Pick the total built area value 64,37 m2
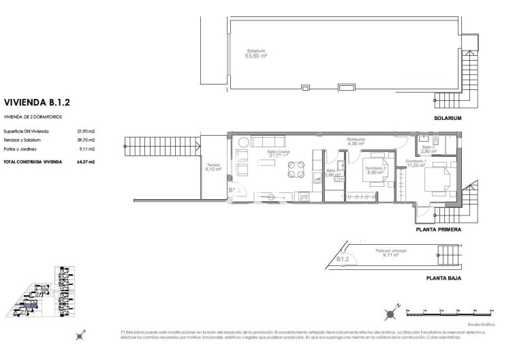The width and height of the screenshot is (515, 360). pos(85,162)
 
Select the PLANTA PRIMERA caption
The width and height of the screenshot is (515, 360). pos(439,230)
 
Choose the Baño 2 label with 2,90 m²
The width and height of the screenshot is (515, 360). pos(428,149)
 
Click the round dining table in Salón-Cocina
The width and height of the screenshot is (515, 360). pos(295,169)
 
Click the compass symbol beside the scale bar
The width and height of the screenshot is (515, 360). pos(389,314)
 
